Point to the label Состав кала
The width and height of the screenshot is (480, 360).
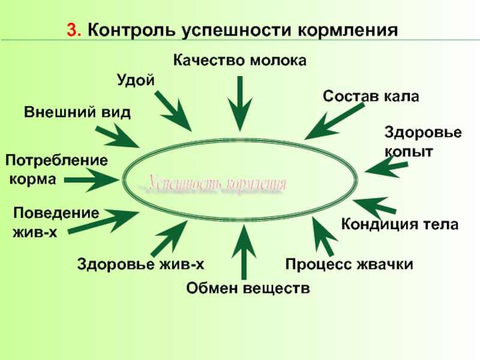tap(370, 96)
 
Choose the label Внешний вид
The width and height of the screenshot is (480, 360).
tap(77, 112)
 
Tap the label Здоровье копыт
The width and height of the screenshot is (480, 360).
tap(422, 142)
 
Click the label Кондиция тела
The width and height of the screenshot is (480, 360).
tap(400, 225)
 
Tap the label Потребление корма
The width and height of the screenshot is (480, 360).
tap(56, 169)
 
